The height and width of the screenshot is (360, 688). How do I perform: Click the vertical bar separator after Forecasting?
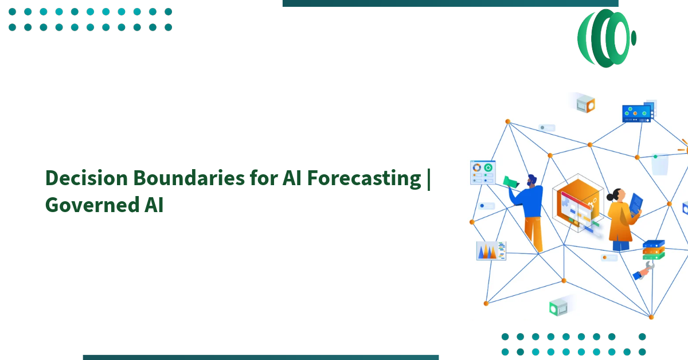point(429,178)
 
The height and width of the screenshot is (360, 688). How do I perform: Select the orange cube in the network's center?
point(576,204)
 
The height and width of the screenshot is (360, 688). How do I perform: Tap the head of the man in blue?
point(532,181)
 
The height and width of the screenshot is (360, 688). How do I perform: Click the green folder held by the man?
point(510,182)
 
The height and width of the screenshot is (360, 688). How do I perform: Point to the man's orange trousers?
point(534,232)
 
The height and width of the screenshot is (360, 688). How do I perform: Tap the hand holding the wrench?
point(643,272)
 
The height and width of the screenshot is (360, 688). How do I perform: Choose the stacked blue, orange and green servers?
point(653,249)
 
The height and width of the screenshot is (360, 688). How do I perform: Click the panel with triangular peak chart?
point(491,251)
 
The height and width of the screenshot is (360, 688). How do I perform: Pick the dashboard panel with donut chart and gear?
point(483,173)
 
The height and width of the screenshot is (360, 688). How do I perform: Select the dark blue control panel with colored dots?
point(637,114)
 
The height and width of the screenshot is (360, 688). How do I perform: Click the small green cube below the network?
point(558,307)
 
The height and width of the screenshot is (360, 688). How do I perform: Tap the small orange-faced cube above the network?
point(585,104)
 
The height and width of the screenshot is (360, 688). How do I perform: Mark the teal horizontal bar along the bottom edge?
point(260,357)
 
